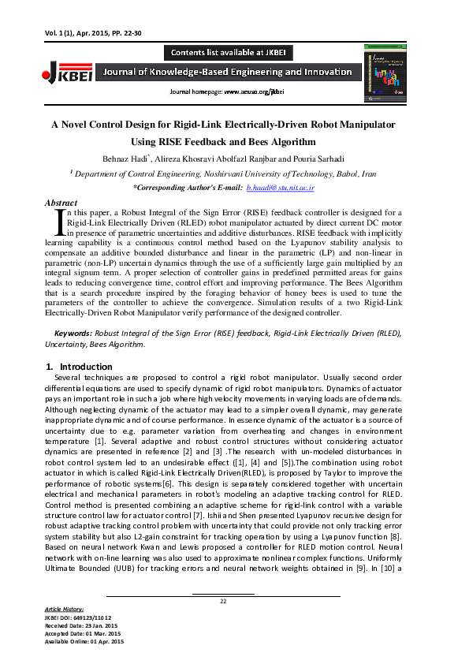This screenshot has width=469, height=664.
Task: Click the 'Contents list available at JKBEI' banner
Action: [x=229, y=53]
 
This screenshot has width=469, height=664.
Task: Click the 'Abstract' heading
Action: [x=61, y=203]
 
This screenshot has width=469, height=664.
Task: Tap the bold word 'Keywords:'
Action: [x=72, y=334]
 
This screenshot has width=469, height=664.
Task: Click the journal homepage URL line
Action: [x=225, y=92]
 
